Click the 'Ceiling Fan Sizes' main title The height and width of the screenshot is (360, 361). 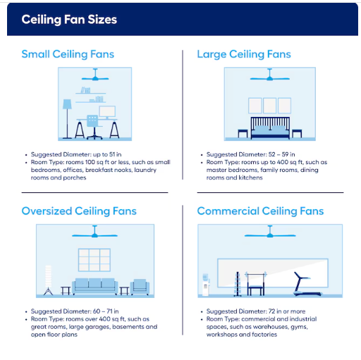(x=69, y=20)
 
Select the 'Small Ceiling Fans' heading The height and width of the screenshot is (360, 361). (x=68, y=54)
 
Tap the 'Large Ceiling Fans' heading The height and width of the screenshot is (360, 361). (x=244, y=54)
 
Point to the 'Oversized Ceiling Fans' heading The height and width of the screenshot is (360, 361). (x=79, y=211)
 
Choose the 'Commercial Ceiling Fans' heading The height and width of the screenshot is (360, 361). (x=260, y=211)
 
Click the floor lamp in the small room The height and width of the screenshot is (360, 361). (x=67, y=119)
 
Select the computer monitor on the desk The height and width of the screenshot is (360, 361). (x=107, y=112)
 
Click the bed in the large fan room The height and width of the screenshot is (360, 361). (x=270, y=128)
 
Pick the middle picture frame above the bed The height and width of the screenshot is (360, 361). (x=270, y=106)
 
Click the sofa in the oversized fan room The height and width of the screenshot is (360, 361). (x=94, y=287)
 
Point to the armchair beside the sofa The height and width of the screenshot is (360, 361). (x=140, y=287)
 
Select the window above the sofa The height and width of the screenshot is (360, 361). (x=94, y=260)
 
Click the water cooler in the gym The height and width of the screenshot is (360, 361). (x=206, y=285)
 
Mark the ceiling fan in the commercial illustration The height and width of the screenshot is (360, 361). (x=270, y=232)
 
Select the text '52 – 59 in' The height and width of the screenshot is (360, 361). (x=281, y=154)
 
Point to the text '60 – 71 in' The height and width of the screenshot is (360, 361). (x=106, y=311)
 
